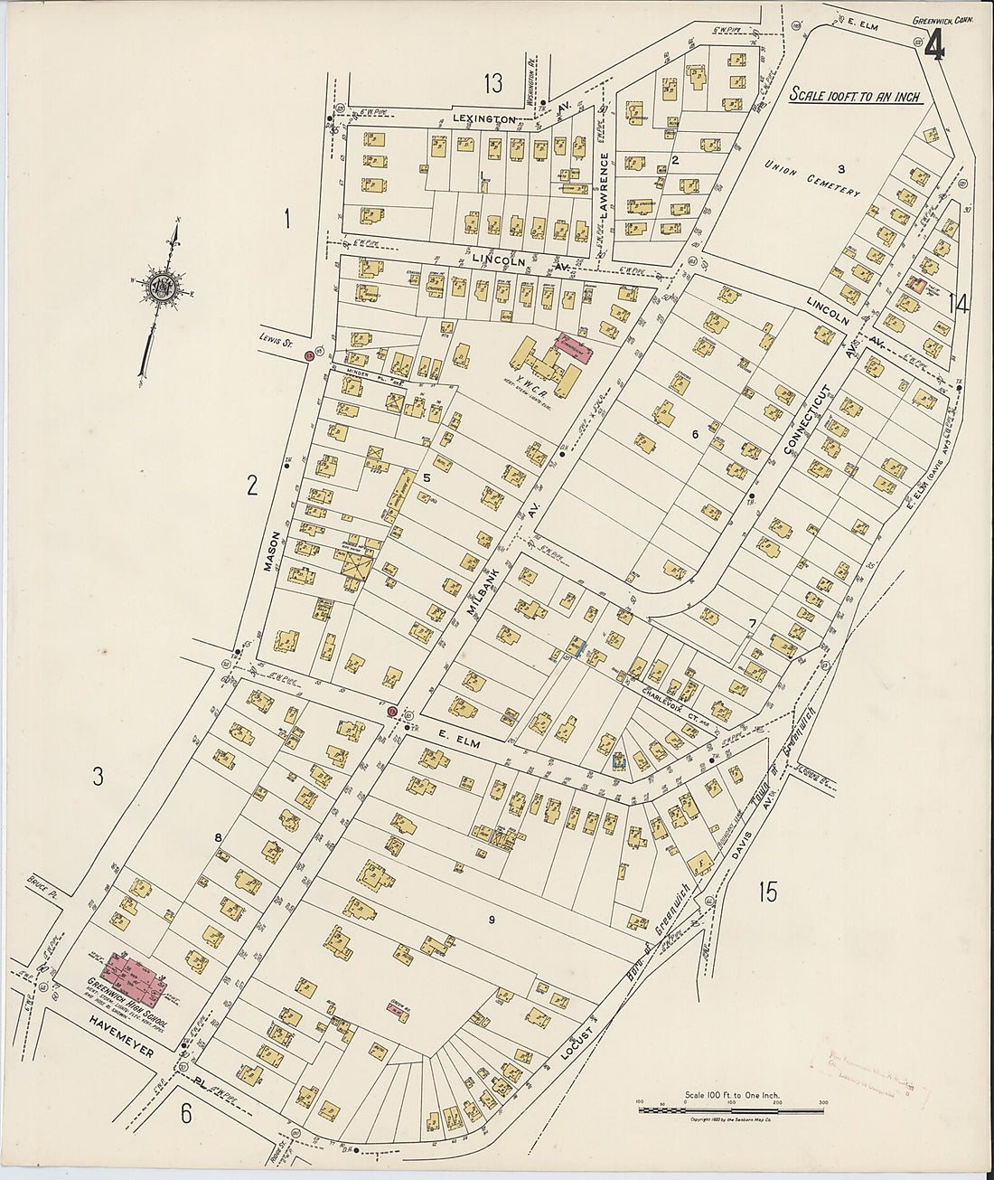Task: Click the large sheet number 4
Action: pyautogui.click(x=934, y=47)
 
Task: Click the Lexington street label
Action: pyautogui.click(x=485, y=119)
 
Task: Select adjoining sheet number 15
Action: pyautogui.click(x=767, y=892)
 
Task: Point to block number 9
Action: pyautogui.click(x=492, y=920)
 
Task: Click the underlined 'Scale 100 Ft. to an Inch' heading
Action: pyautogui.click(x=855, y=96)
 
